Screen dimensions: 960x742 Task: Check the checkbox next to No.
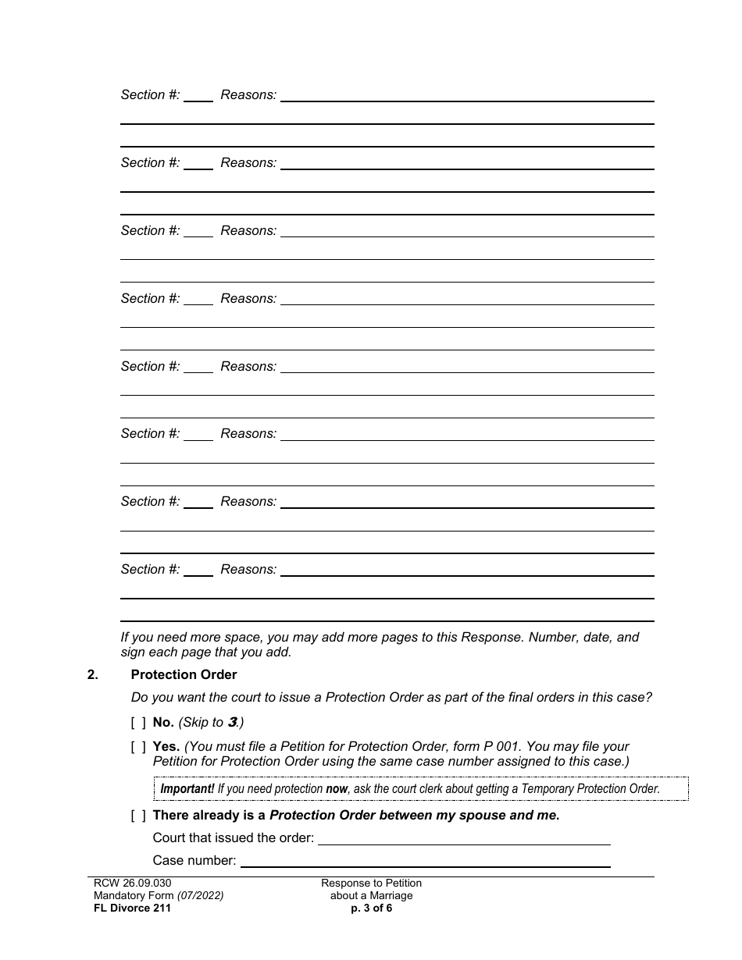138,723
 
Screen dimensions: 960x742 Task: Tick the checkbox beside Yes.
138,747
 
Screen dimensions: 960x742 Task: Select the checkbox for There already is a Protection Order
138,816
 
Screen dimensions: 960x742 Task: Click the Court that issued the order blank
464,838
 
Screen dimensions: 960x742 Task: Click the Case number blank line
426,861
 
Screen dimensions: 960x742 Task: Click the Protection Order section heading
184,674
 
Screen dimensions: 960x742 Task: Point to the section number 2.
93,674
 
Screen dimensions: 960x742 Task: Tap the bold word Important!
187,789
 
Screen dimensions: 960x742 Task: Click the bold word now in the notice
337,789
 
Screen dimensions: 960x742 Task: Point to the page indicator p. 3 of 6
371,908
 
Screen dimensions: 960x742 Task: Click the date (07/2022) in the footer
200,896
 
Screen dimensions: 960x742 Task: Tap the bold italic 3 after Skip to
232,723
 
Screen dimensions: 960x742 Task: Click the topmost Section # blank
198,95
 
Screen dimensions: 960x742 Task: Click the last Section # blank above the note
198,570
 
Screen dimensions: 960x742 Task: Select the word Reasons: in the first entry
248,95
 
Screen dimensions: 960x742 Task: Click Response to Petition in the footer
371,884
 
